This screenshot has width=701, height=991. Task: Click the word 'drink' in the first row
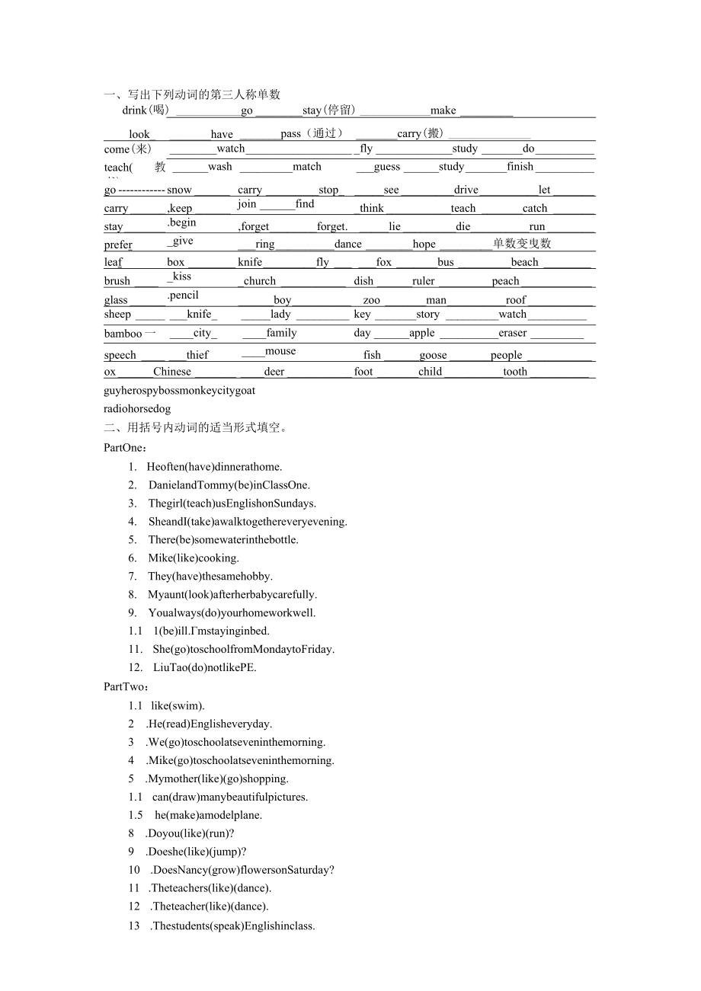pyautogui.click(x=134, y=110)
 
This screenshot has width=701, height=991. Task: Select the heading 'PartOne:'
pyautogui.click(x=126, y=448)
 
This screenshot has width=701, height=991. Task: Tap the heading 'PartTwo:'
pyautogui.click(x=126, y=686)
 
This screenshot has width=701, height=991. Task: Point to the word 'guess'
pyautogui.click(x=387, y=167)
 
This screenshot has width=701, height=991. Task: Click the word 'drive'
pyautogui.click(x=466, y=190)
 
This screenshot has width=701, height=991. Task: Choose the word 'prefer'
pyautogui.click(x=118, y=245)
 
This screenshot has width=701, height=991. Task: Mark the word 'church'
pyautogui.click(x=260, y=281)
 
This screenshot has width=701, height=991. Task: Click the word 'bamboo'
pyautogui.click(x=123, y=334)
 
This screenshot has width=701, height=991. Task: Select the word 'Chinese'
pyautogui.click(x=172, y=372)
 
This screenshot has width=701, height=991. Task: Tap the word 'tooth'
pyautogui.click(x=515, y=372)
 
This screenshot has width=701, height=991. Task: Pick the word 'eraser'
pyautogui.click(x=513, y=333)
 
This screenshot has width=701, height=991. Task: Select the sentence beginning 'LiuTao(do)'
pyautogui.click(x=204, y=667)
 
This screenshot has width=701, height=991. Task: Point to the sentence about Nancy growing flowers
pyautogui.click(x=243, y=870)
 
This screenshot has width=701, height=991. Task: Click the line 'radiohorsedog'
pyautogui.click(x=137, y=409)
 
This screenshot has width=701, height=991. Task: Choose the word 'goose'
pyautogui.click(x=433, y=355)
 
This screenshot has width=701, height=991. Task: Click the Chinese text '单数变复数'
pyautogui.click(x=522, y=244)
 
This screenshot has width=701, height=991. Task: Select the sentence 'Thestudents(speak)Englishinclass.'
pyautogui.click(x=233, y=926)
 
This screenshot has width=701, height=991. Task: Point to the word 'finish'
pyautogui.click(x=520, y=167)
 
